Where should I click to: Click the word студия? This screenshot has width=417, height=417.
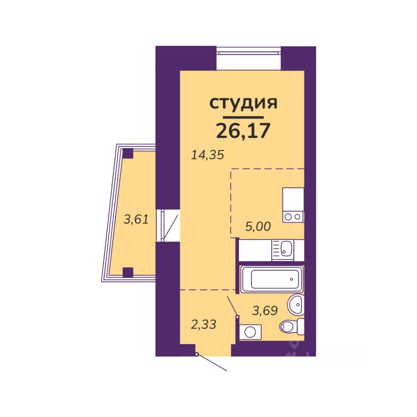[x=243, y=103]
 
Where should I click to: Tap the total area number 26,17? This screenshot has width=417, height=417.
[x=243, y=129]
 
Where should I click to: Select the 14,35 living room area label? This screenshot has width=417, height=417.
[x=208, y=155]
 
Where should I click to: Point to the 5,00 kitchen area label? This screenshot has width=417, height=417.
[x=258, y=226]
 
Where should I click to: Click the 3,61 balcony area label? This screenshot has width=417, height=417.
[x=136, y=219]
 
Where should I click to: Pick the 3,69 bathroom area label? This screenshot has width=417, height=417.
[x=265, y=310]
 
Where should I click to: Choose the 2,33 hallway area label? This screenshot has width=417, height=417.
[x=204, y=324]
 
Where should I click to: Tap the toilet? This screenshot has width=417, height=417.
[x=291, y=325]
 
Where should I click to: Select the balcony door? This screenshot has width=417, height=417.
[x=169, y=225]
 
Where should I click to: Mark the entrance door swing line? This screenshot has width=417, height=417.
[x=213, y=363]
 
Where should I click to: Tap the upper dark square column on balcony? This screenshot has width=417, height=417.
[x=128, y=153]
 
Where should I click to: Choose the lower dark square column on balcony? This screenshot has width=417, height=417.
[x=128, y=272]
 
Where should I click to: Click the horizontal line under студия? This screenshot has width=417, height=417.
[x=243, y=117]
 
